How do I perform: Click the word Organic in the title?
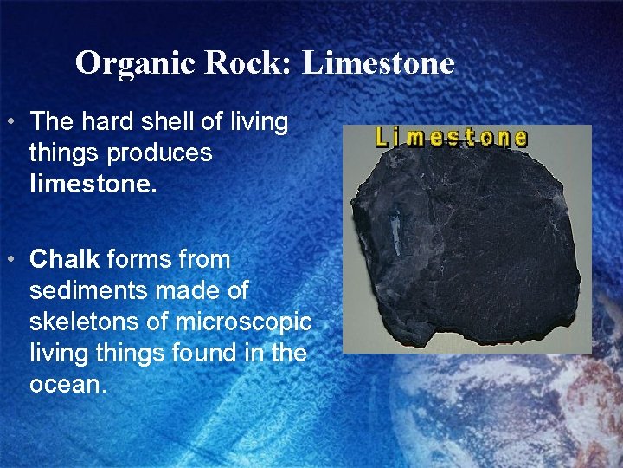(x=125, y=63)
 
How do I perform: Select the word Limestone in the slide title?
(x=378, y=63)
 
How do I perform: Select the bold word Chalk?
(x=66, y=259)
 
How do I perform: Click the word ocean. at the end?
(x=67, y=384)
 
